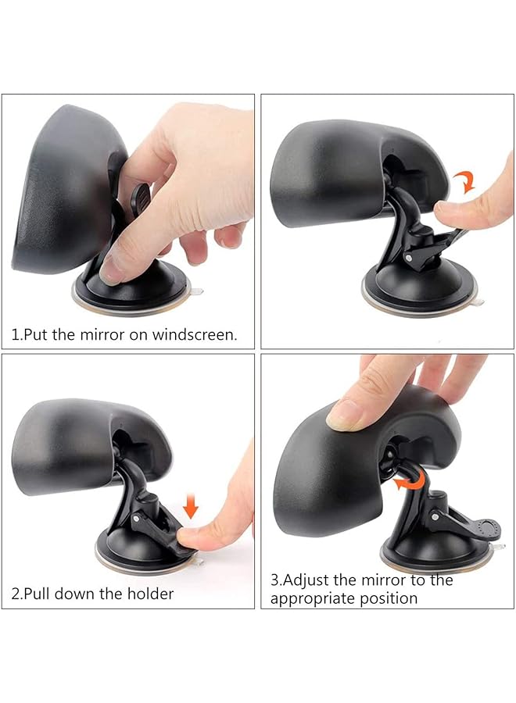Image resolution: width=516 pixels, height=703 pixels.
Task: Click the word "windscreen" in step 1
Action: click(195, 335)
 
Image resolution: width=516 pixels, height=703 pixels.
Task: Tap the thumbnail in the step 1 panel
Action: click(111, 268)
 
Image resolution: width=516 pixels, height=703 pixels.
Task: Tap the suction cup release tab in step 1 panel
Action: click(197, 292)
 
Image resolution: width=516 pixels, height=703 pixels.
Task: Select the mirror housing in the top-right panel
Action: click(328, 172)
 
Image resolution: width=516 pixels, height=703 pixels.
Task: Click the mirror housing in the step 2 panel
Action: click(70, 437)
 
